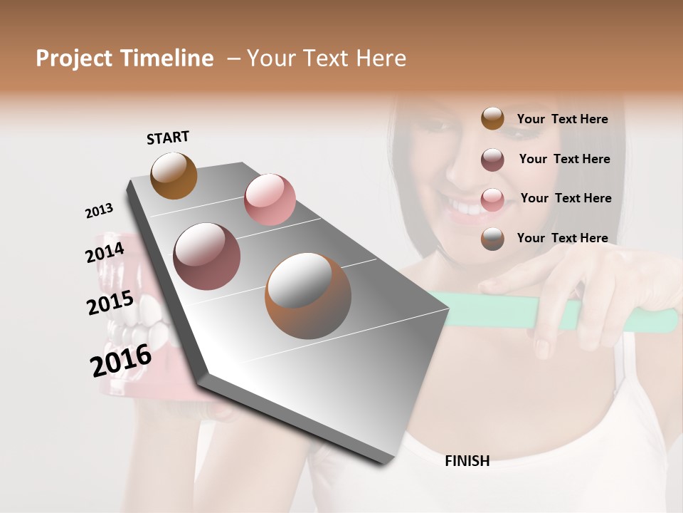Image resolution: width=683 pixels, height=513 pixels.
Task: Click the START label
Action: click(x=168, y=138)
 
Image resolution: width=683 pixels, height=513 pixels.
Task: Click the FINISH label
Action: click(x=467, y=461)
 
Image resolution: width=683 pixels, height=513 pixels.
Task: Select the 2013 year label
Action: click(x=99, y=211)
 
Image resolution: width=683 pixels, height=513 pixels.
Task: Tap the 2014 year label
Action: click(x=105, y=252)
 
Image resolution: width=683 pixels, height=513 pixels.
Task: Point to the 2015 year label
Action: click(x=110, y=303)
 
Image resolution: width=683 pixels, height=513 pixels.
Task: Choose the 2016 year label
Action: click(x=121, y=360)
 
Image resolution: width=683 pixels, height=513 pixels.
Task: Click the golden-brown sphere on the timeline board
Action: click(x=174, y=175)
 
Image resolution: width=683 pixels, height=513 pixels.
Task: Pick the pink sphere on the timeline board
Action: click(x=270, y=199)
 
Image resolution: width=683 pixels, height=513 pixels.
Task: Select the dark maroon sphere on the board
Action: click(x=207, y=256)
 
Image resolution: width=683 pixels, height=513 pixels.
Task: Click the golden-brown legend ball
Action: click(x=492, y=119)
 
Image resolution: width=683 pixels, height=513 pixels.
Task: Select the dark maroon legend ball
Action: click(x=492, y=160)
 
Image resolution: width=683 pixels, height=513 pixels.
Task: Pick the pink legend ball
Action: click(x=492, y=199)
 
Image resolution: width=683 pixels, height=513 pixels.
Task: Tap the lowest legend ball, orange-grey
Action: click(x=492, y=239)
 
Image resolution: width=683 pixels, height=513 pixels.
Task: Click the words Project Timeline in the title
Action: click(x=125, y=58)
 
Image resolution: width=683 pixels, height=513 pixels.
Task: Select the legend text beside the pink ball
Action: click(x=566, y=198)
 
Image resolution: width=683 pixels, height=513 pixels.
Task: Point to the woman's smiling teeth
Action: click(x=467, y=209)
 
